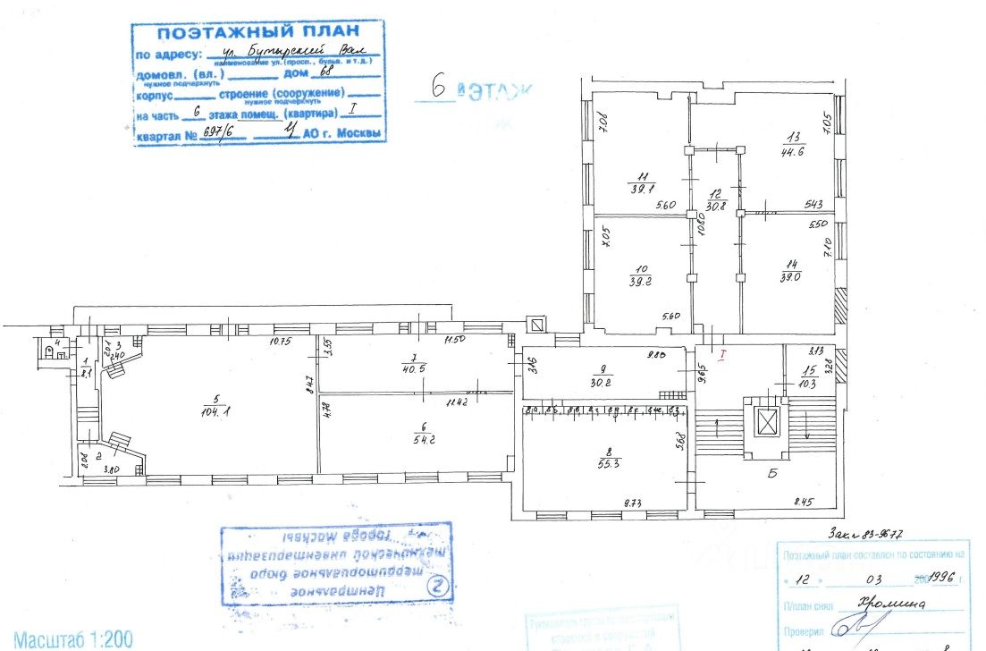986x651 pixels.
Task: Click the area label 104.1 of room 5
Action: [212, 411]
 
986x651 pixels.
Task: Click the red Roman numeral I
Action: [725, 355]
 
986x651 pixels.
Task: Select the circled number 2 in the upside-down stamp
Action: [436, 588]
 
